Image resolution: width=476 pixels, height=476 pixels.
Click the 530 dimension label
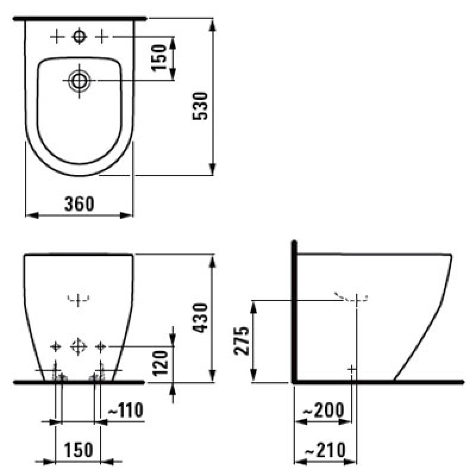(200, 107)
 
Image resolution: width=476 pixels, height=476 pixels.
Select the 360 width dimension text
(80, 204)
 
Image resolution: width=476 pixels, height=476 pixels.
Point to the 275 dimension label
(241, 340)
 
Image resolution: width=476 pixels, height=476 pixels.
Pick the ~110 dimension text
(124, 411)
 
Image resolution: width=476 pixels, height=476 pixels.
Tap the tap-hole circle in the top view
(79, 37)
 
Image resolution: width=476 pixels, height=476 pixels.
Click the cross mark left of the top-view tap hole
(57, 37)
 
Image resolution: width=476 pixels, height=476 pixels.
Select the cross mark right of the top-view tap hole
(102, 37)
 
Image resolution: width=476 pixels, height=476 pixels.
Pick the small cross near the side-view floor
(352, 369)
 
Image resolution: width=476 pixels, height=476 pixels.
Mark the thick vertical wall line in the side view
(294, 309)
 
